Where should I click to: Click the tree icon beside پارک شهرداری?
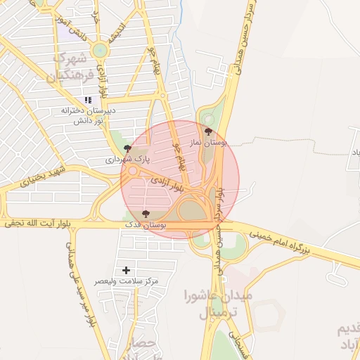coord(127,148)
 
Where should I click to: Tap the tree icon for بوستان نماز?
coord(207,131)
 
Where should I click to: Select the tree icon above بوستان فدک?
coord(146,213)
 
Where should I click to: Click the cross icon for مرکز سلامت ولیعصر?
coord(127,270)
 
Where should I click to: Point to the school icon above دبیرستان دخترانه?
coord(88,100)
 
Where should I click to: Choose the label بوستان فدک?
coord(145,224)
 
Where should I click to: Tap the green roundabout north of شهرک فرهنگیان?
coord(100,49)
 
